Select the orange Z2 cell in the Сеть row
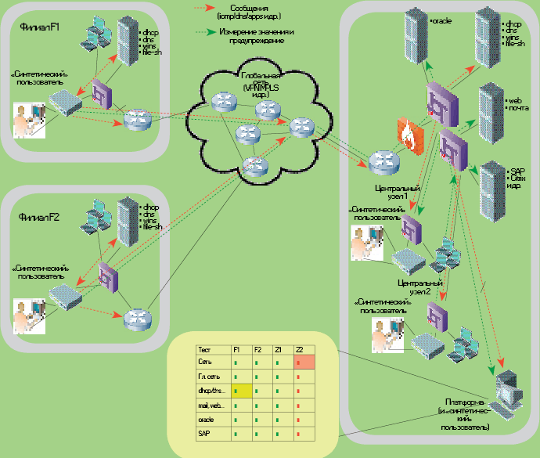point(304,362)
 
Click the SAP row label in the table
point(205,432)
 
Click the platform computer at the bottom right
point(509,390)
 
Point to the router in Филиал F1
point(137,119)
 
